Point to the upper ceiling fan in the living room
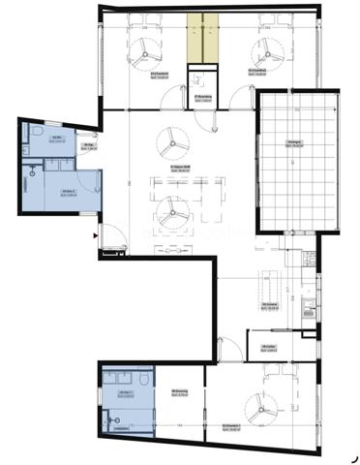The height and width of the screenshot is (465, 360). pos(174,141)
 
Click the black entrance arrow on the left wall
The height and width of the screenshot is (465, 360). pos(95,233)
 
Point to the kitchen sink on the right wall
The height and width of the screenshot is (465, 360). pos(308,310)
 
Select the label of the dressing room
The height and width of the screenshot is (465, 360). pos(179,392)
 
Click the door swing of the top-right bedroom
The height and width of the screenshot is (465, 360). pos(235,92)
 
